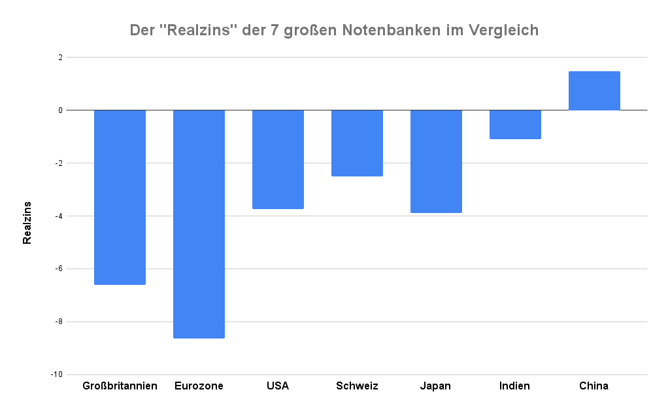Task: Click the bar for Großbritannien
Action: click(x=120, y=197)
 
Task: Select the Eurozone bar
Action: click(x=199, y=223)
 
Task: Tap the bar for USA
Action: click(x=278, y=159)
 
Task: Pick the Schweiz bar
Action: click(x=357, y=143)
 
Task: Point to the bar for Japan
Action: click(x=436, y=161)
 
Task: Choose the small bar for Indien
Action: click(x=515, y=124)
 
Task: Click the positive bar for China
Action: click(x=594, y=91)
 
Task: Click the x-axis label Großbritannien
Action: click(x=120, y=386)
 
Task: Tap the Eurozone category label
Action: click(x=199, y=386)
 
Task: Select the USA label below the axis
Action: click(x=278, y=386)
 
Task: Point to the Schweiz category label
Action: click(x=357, y=386)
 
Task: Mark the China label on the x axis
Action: click(x=593, y=386)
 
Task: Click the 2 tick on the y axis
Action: click(x=60, y=58)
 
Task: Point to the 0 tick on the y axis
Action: click(x=60, y=110)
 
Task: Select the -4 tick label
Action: click(x=59, y=216)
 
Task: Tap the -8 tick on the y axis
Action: click(x=59, y=322)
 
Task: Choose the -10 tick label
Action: click(x=57, y=375)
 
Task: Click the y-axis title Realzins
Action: click(x=27, y=222)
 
